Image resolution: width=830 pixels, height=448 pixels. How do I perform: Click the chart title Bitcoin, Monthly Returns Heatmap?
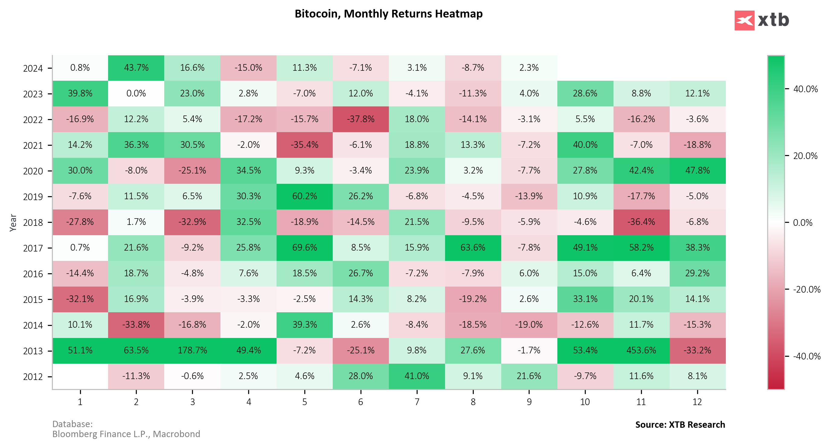[389, 14]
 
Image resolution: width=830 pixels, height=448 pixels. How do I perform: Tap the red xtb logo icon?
[744, 20]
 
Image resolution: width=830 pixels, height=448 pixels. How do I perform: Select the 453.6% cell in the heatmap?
[641, 350]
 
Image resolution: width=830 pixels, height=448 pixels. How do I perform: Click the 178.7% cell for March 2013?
[192, 350]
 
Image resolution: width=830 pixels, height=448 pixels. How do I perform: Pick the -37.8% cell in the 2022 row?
[361, 119]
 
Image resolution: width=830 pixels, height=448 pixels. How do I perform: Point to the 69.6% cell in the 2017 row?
[304, 248]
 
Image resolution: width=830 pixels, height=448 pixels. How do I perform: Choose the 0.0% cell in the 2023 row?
[136, 93]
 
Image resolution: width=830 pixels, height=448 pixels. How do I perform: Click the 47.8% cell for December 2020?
[697, 170]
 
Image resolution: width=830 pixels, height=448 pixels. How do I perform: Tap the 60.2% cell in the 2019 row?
[304, 196]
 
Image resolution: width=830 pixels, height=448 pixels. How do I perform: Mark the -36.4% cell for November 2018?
[641, 222]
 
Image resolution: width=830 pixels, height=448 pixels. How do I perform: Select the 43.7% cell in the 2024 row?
[136, 68]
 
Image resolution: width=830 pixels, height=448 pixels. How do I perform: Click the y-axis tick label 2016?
[33, 274]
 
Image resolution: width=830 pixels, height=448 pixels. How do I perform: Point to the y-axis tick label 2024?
[33, 68]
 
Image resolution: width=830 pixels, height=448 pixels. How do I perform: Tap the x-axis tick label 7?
[417, 402]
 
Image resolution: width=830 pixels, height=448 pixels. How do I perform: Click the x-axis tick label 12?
[697, 402]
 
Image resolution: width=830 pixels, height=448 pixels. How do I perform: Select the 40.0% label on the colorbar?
[806, 89]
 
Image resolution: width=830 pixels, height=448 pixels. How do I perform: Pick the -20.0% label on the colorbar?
[806, 289]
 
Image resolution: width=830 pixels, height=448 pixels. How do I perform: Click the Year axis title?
[13, 222]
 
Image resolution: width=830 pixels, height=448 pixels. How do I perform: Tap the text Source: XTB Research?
[680, 424]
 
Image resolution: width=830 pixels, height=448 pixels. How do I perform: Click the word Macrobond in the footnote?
[176, 434]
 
